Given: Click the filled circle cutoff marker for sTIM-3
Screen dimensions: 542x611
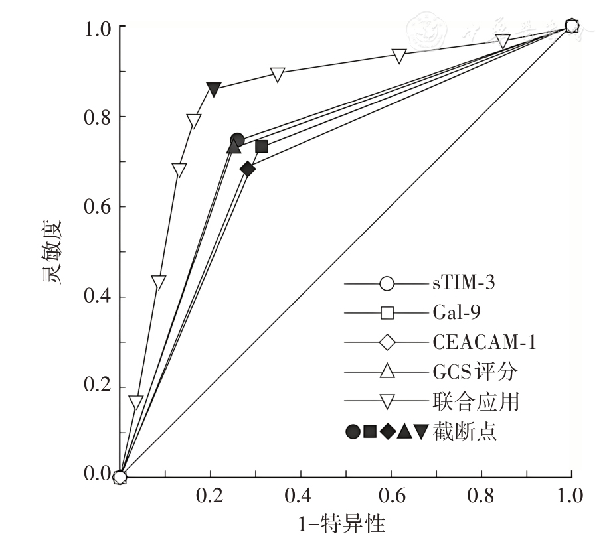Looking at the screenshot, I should tap(237, 140).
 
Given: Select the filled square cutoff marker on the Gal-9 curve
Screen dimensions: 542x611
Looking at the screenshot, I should tap(262, 146).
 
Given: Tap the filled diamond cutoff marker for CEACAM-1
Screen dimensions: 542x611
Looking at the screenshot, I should tap(248, 169).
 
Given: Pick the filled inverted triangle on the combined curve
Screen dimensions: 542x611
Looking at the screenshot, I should tap(213, 89).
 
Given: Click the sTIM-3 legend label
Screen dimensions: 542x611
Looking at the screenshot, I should tap(461, 283).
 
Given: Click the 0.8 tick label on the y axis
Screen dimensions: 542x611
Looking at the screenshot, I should tap(96, 117).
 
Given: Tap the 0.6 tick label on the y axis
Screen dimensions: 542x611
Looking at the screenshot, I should tap(96, 207).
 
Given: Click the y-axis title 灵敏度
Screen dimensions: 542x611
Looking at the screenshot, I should tap(52, 251).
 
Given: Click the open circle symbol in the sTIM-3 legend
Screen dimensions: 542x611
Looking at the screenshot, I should tap(387, 284).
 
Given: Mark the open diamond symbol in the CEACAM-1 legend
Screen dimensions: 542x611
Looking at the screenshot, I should tap(387, 342).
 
